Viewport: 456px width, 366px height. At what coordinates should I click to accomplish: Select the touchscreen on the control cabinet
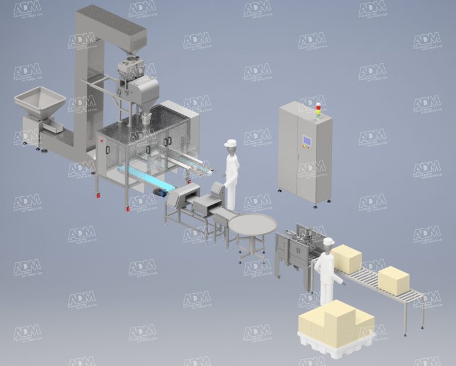[x=307, y=142]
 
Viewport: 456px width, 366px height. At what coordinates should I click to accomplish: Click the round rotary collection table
[x=253, y=225]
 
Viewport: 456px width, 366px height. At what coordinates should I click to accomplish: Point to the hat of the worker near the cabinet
[x=230, y=143]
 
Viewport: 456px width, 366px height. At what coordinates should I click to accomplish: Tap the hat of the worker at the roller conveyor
[x=328, y=241]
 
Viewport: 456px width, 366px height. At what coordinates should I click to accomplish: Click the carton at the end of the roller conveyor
[x=394, y=281]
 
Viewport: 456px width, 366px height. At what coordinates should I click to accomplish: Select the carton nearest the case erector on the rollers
[x=347, y=259]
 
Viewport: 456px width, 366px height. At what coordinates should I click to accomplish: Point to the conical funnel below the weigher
[x=145, y=118]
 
